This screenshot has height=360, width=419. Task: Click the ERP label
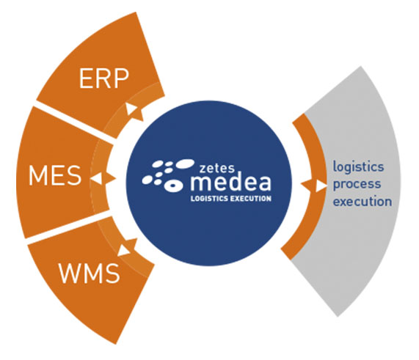coord(104,78)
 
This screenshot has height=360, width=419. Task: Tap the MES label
coord(55,175)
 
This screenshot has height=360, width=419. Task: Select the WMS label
coord(90,273)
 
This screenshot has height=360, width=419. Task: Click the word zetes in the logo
coord(216,168)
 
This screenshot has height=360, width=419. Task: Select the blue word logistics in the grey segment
coord(358,167)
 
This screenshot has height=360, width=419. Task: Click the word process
coord(357,185)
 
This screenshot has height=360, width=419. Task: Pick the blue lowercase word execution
coord(362,202)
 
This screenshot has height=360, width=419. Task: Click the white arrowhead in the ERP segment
coord(131,109)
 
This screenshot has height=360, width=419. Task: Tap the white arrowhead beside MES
coord(97,178)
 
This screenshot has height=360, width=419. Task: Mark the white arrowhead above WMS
coord(123,251)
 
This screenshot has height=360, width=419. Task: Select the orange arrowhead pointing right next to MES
coord(110,178)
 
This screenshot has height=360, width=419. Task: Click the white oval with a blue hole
coord(173,185)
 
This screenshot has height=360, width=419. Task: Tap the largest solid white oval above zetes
coord(185,164)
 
